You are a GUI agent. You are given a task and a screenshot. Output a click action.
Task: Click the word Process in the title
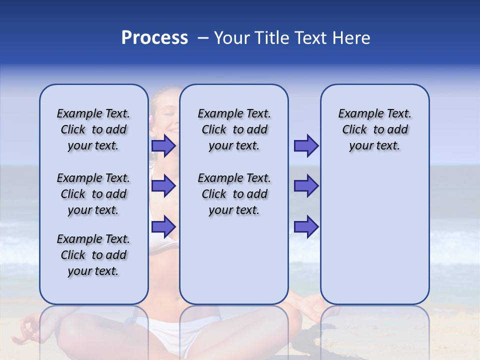click(x=154, y=38)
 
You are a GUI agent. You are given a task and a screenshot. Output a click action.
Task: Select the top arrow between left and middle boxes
click(x=163, y=146)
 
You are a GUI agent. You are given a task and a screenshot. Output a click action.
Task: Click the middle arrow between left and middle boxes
click(x=163, y=186)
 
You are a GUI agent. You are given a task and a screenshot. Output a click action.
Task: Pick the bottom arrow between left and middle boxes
click(x=163, y=227)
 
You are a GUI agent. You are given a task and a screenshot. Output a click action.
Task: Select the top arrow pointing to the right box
click(x=306, y=146)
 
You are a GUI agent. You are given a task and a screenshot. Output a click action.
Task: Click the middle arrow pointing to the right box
click(x=306, y=186)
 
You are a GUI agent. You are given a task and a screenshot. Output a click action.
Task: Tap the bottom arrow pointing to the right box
click(x=306, y=227)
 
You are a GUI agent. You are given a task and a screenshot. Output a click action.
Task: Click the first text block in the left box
click(x=93, y=129)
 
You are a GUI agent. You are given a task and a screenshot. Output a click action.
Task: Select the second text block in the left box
click(x=93, y=194)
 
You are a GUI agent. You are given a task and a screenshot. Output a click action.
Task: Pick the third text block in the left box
click(x=93, y=255)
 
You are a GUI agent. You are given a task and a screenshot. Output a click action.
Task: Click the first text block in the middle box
click(x=234, y=129)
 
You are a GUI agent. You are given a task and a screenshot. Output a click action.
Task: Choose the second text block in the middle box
click(x=234, y=194)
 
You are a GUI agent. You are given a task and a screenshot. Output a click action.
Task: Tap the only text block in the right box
click(x=374, y=129)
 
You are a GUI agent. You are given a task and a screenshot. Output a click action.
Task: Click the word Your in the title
click(x=232, y=38)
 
